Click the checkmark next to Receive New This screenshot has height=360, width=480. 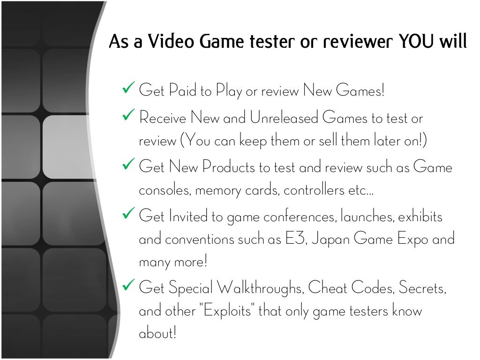coord(128,116)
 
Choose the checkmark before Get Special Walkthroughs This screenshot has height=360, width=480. coord(128,285)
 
